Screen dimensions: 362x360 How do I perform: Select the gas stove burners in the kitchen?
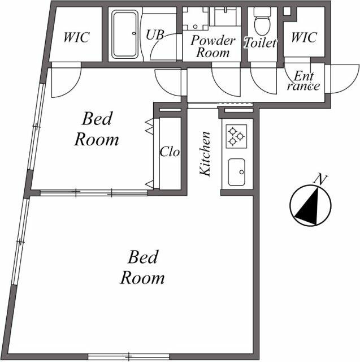[x=235, y=136]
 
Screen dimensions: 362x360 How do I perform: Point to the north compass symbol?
[x=309, y=206]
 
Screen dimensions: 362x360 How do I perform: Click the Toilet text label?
[x=261, y=42]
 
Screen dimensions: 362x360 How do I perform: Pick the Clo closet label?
[x=169, y=152]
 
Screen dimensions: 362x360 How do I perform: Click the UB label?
[x=155, y=35]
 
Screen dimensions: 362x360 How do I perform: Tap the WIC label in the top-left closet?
[x=76, y=38]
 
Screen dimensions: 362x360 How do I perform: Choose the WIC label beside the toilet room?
[x=303, y=38]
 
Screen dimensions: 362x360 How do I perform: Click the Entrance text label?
[x=304, y=81]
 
